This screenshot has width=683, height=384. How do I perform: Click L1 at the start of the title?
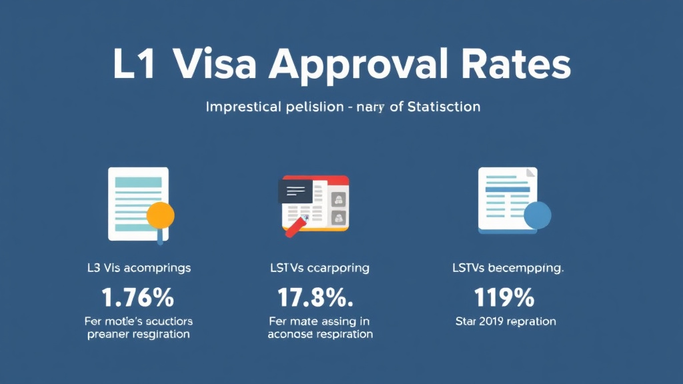136,66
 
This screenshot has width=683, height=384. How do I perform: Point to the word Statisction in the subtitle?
435,106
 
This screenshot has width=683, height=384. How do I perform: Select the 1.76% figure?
138,295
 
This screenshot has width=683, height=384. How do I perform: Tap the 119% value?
504,295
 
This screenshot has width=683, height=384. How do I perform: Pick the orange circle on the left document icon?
160,215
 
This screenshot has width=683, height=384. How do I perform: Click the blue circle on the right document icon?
538,215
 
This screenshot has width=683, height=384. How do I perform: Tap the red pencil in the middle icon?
295,227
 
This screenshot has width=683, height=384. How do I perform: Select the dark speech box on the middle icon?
295,191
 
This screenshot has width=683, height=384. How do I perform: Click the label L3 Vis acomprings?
139,268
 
